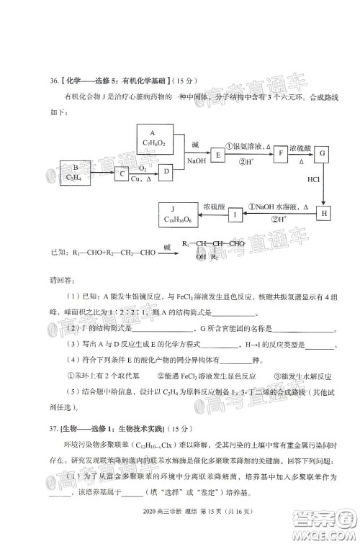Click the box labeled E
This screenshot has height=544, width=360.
tap(216, 154)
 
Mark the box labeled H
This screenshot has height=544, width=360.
tap(325, 214)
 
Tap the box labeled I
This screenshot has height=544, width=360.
tap(235, 214)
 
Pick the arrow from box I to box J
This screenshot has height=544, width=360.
tap(214, 214)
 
